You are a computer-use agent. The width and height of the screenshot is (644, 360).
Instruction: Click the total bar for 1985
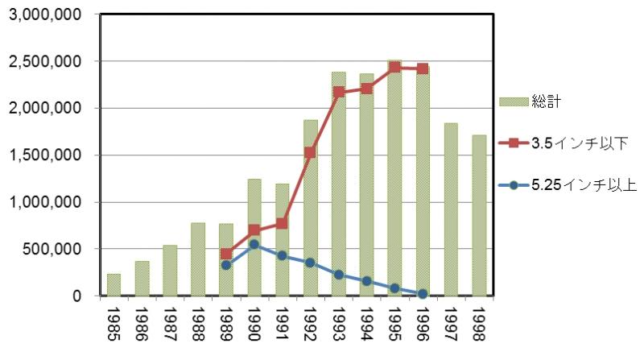point(114,285)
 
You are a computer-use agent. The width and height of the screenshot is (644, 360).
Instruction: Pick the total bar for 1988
point(198,259)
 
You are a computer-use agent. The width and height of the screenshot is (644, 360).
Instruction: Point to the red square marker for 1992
point(311,152)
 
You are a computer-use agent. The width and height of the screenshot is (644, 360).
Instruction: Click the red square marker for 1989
point(226,254)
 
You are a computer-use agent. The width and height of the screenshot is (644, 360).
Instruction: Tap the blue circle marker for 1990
point(254,244)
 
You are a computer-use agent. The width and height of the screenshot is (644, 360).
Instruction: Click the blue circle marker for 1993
point(339,275)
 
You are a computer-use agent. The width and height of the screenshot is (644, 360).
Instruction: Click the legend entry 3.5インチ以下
point(579,143)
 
